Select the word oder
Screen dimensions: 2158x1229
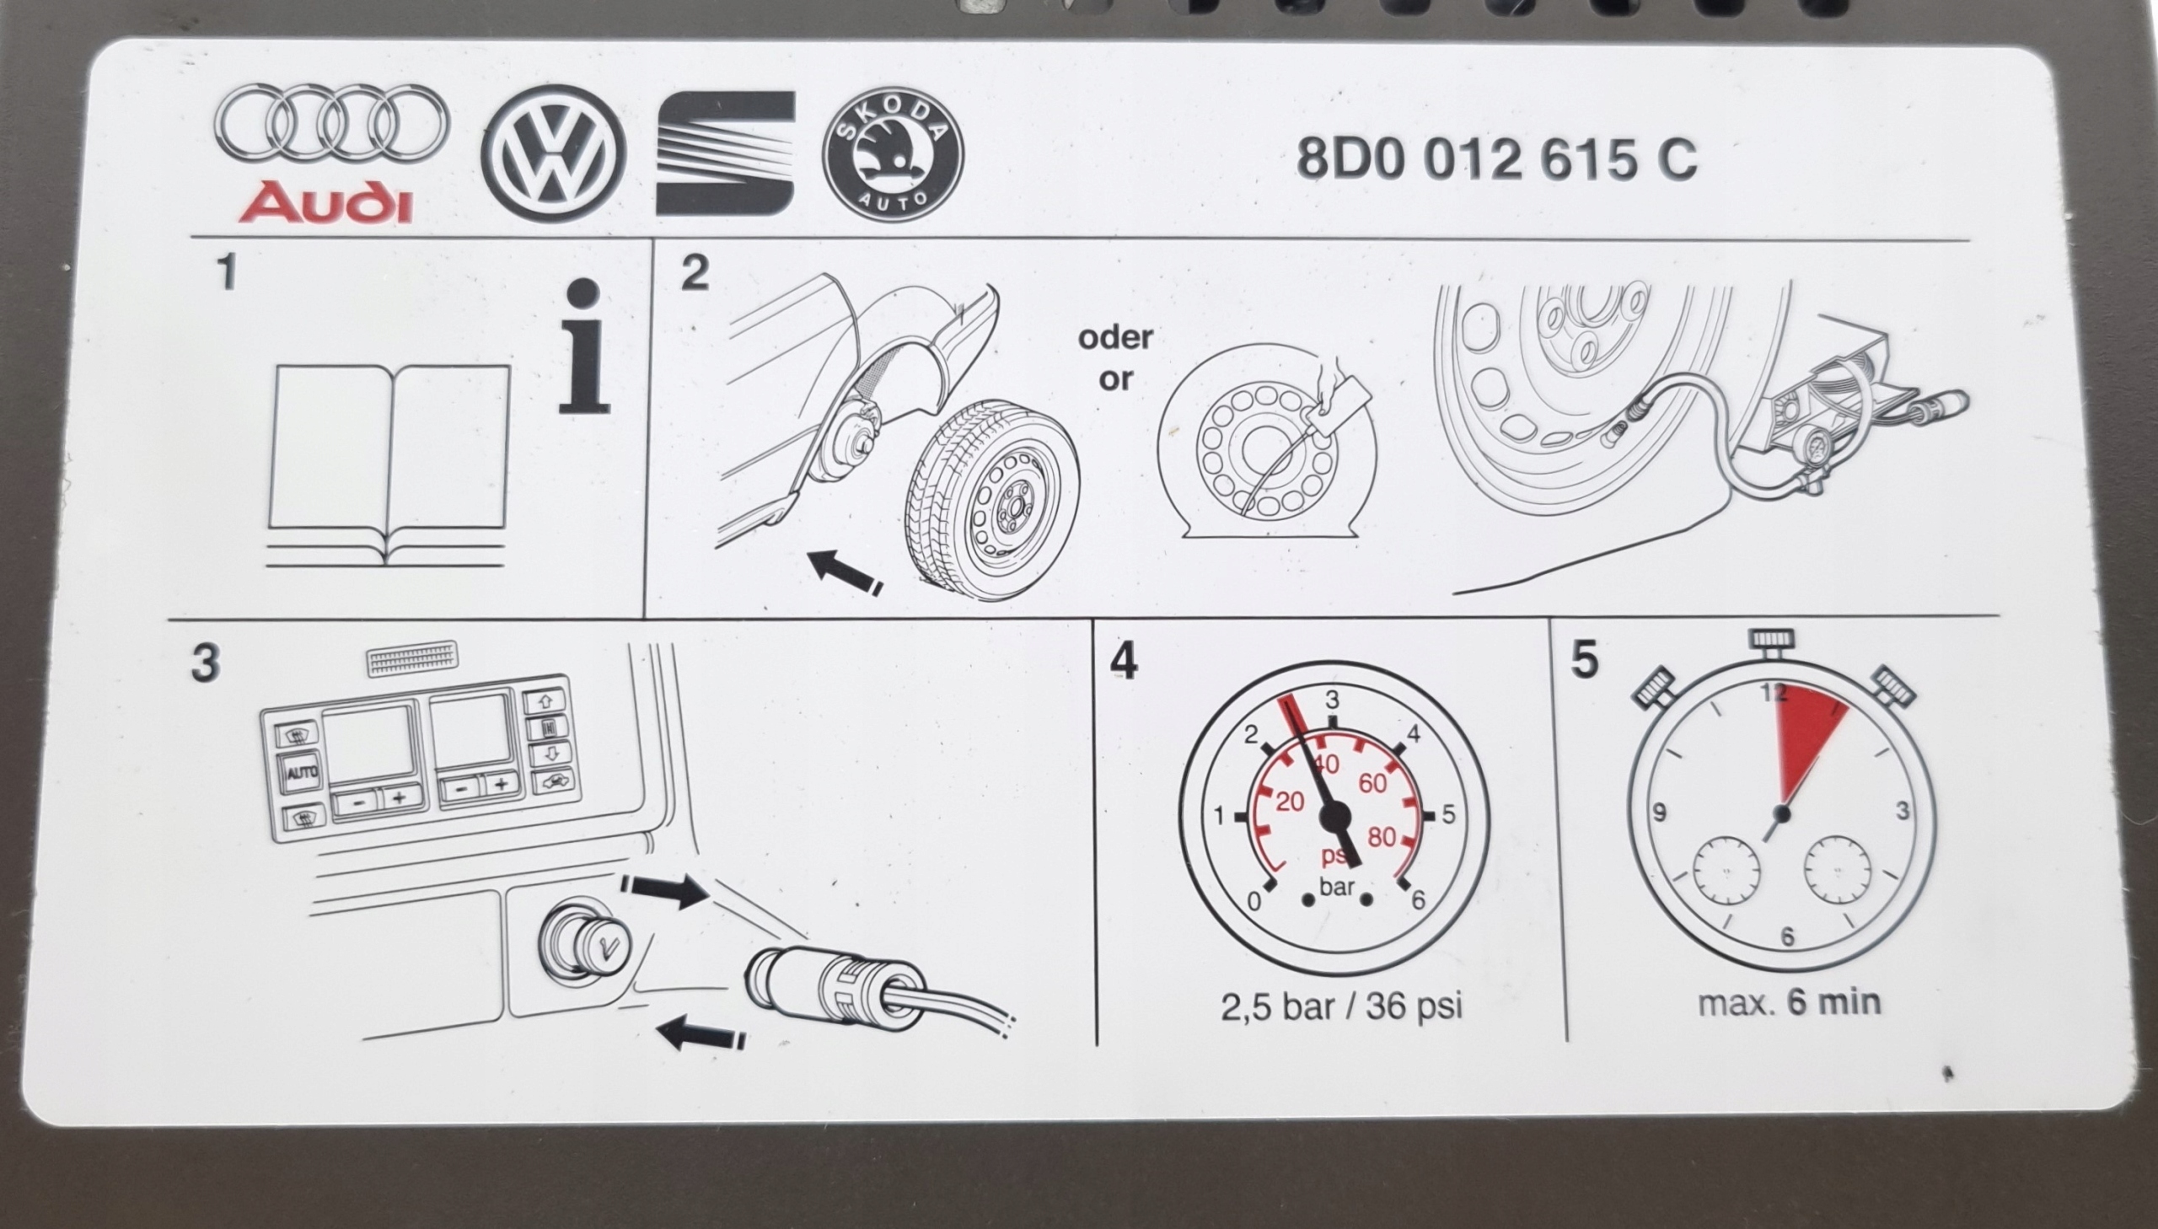coord(1114,338)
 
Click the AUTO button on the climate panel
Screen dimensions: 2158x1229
coord(298,771)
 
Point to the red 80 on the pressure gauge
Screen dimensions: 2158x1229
coord(1382,837)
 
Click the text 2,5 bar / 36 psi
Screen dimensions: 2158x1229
coord(1341,1006)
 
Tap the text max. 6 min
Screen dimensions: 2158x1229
coord(1788,1003)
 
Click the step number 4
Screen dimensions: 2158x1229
coord(1125,661)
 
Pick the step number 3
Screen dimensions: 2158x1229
coord(205,663)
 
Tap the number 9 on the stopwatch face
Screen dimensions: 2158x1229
coord(1659,813)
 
